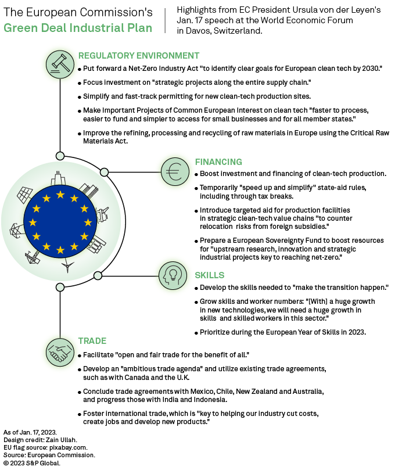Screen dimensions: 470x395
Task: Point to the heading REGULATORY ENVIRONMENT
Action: click(139, 56)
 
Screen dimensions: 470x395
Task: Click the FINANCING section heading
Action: click(218, 162)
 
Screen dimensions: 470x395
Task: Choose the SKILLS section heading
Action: click(210, 275)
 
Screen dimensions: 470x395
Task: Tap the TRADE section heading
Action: click(92, 340)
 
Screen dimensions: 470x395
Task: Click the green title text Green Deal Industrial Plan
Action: click(78, 28)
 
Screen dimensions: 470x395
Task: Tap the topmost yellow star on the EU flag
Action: click(60, 195)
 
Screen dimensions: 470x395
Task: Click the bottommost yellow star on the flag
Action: click(60, 250)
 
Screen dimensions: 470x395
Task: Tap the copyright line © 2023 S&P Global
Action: click(32, 463)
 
